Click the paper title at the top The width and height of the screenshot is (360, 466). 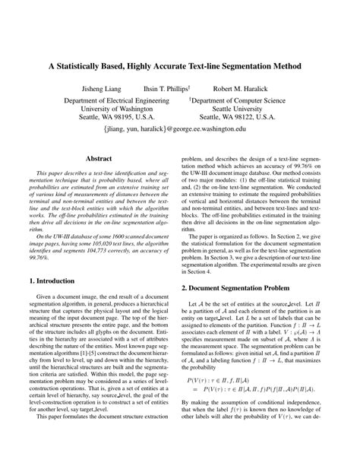[180, 67]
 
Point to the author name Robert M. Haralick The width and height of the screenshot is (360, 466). [242, 88]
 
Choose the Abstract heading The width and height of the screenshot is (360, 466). [99, 159]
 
